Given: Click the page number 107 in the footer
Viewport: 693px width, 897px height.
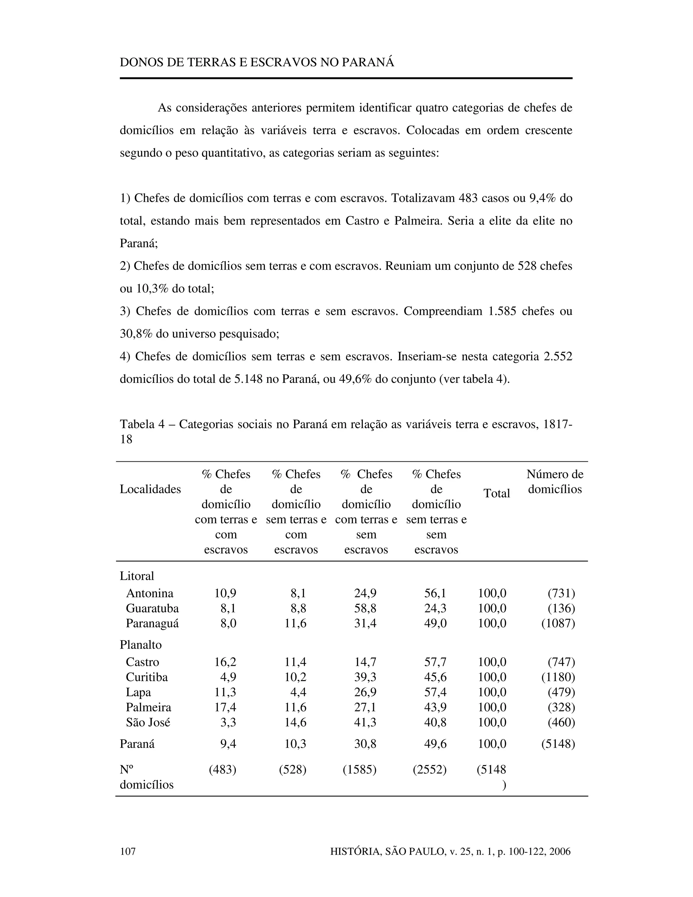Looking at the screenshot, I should (127, 851).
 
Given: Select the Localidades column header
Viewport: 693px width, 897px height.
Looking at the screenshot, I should (150, 489).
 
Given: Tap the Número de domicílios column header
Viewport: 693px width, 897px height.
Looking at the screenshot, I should (555, 482).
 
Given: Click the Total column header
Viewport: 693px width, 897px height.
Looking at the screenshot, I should (496, 493).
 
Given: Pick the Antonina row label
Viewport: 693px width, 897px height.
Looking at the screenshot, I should (150, 593).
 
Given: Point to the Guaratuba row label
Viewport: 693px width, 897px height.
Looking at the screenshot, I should (152, 608).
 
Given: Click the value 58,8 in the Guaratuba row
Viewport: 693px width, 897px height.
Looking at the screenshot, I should (365, 608).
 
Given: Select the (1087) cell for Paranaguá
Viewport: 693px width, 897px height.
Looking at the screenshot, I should (558, 623).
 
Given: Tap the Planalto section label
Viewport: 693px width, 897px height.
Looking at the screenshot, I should (140, 645).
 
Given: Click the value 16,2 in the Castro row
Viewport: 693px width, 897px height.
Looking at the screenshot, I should (225, 662).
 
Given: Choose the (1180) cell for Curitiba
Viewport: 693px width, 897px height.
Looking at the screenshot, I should (558, 677).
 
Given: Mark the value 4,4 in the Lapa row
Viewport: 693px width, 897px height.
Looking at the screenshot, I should (298, 692).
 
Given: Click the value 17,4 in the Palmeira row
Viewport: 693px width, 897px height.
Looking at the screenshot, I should (225, 707).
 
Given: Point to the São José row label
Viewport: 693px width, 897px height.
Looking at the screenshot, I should (148, 722).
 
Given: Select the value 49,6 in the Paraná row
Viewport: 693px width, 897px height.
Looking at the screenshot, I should (435, 744).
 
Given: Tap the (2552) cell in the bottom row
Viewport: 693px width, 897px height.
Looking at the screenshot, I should (429, 769).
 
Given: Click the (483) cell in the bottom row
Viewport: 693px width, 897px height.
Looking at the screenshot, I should (223, 769).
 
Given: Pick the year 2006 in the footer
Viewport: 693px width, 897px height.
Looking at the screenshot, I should (560, 851).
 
